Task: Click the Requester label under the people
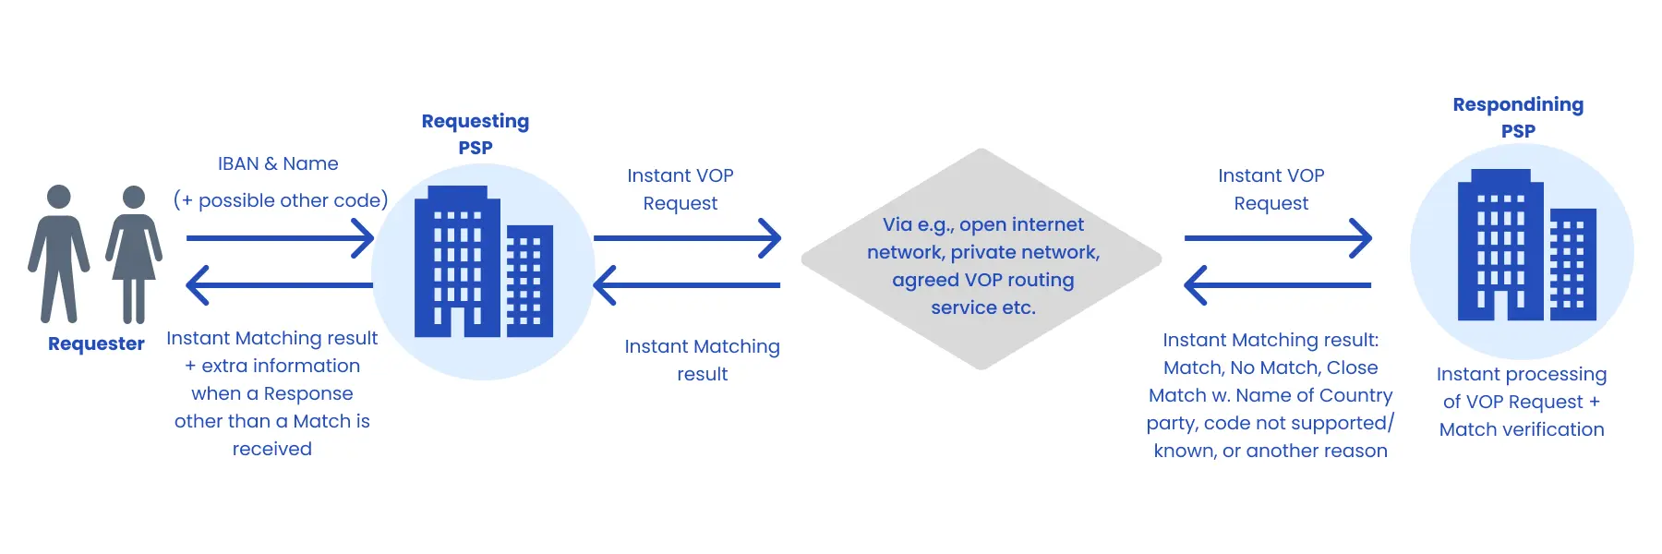pos(96,343)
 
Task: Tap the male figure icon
pos(59,254)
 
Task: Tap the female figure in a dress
pos(134,254)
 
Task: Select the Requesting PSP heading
pos(476,134)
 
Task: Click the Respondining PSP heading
pos(1518,117)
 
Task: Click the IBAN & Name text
pos(278,163)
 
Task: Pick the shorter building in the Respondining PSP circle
pos(1572,266)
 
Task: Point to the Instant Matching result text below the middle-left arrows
pos(702,359)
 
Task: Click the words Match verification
pos(1522,429)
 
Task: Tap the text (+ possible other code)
pos(281,200)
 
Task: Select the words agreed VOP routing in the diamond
pos(982,280)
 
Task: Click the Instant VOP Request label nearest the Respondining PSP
pos(1271,189)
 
